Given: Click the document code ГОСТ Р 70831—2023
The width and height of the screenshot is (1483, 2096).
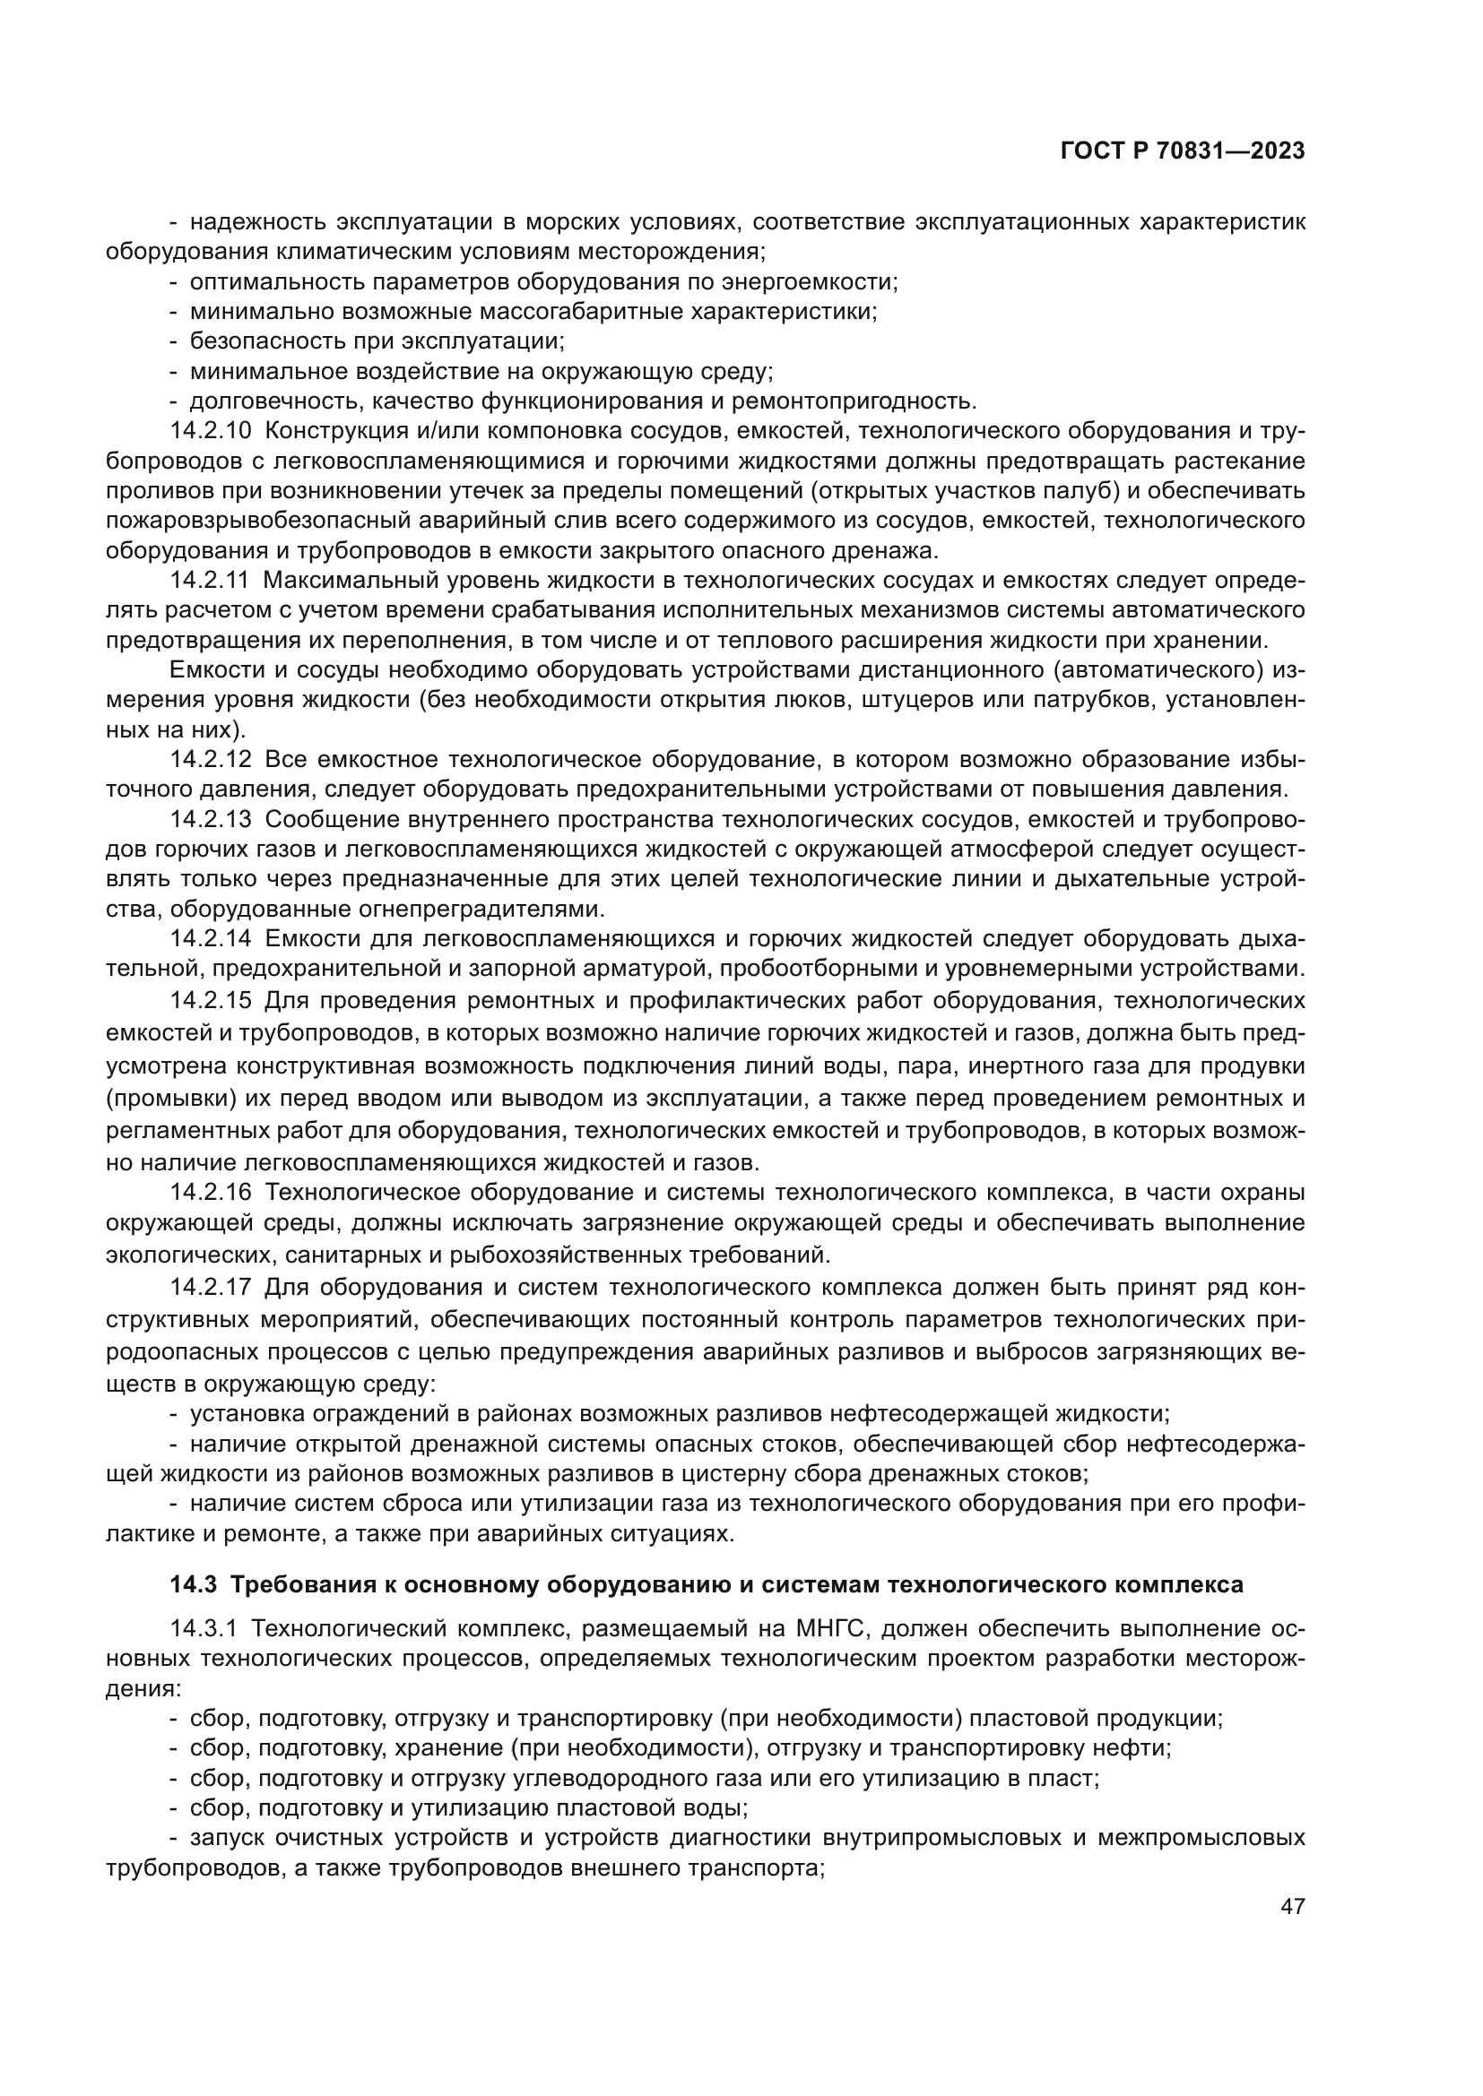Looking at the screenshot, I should click(x=1183, y=151).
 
